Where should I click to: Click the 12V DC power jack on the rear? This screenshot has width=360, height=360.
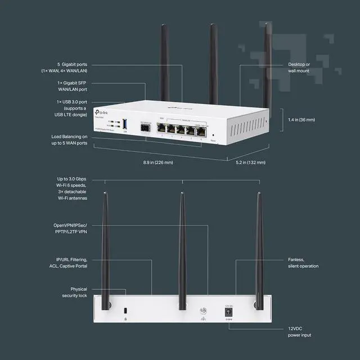pos(229,313)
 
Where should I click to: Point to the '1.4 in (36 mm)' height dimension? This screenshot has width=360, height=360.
pos(301,120)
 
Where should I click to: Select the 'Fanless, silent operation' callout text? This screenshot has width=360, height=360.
pos(303,263)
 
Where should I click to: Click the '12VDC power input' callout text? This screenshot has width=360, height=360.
pos(300,332)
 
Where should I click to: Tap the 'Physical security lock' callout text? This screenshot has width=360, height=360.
pos(74,292)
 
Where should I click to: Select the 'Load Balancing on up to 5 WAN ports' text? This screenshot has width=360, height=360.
pos(69,141)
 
